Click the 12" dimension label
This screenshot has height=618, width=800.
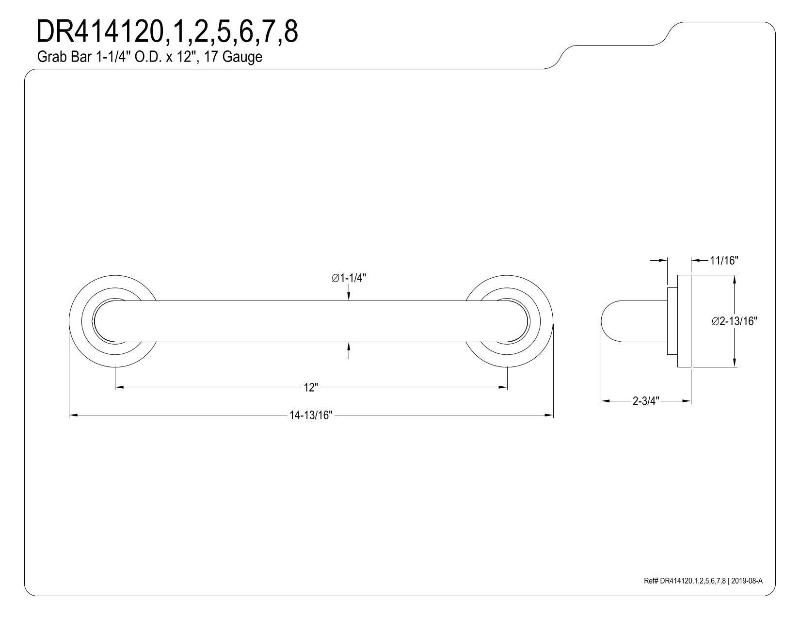[x=310, y=388]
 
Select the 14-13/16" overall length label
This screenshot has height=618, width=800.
[x=311, y=415]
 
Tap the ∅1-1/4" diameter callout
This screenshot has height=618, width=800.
[x=349, y=279]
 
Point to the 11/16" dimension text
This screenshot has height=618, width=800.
[x=724, y=261]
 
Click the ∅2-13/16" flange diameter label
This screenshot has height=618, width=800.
[x=735, y=321]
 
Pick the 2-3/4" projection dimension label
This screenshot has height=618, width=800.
[x=646, y=401]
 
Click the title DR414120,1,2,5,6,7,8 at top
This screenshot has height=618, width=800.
[x=167, y=32]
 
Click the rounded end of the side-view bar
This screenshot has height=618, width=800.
[x=606, y=321]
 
